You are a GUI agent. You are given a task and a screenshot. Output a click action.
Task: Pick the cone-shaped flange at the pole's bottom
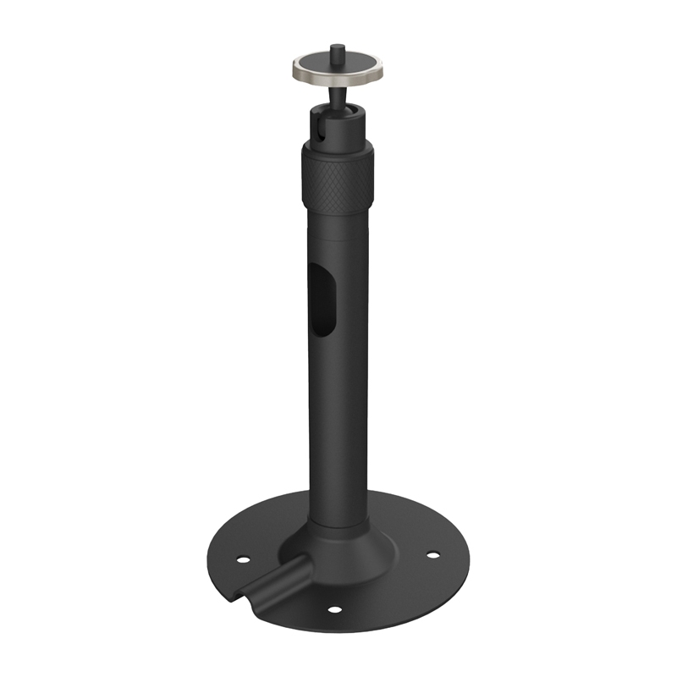pyautogui.click(x=355, y=542)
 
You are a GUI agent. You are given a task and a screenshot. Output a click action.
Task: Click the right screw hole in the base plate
pyautogui.click(x=433, y=555)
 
